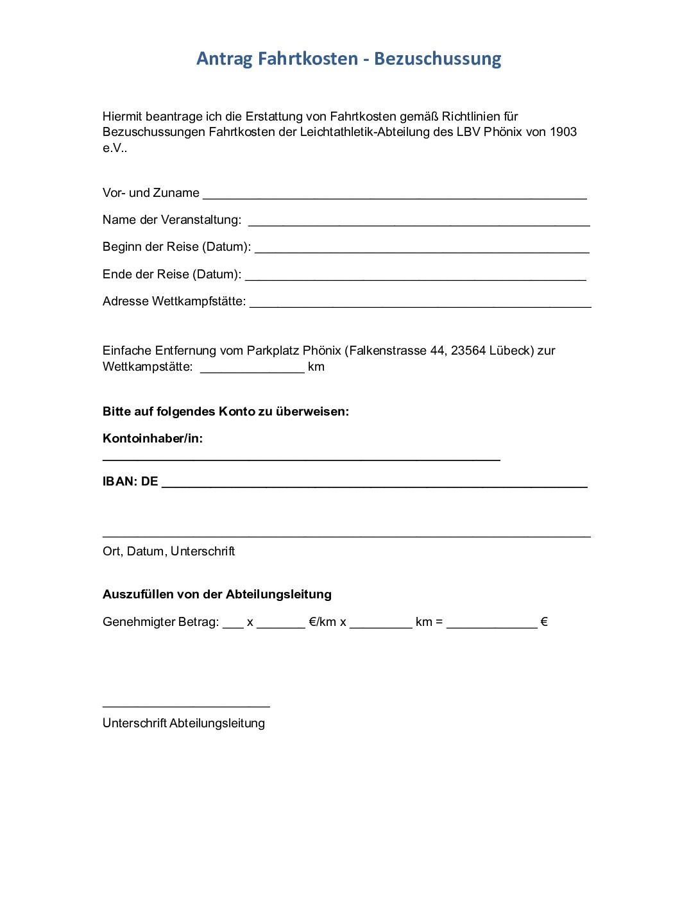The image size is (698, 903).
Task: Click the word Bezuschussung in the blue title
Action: (438, 59)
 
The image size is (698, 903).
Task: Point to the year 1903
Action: (563, 132)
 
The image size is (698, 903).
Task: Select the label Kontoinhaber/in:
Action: (153, 439)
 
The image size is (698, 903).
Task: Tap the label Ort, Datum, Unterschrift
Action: (169, 552)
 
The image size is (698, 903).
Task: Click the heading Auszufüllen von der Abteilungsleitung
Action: (217, 595)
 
